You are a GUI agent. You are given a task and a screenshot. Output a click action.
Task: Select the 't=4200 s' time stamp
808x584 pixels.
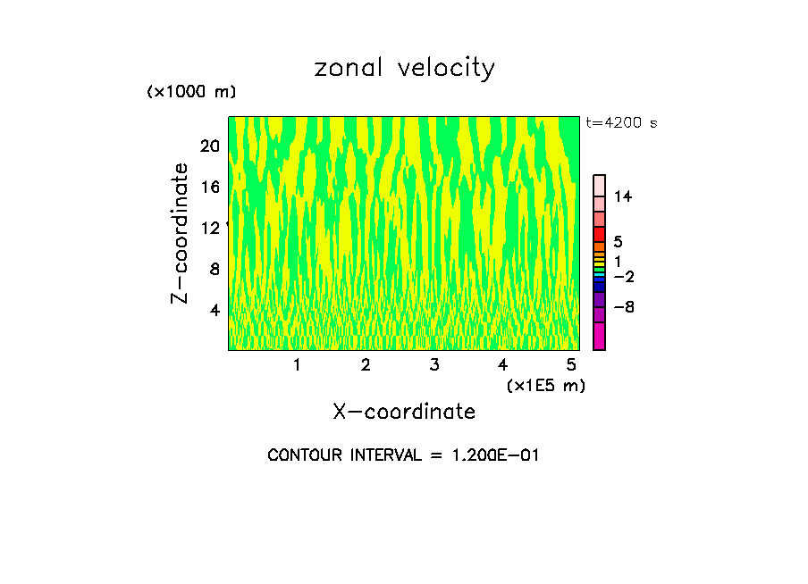click(x=621, y=122)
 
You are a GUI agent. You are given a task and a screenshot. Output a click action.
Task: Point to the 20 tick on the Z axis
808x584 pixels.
click(x=209, y=146)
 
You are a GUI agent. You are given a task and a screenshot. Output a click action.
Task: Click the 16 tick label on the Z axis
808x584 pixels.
click(x=209, y=187)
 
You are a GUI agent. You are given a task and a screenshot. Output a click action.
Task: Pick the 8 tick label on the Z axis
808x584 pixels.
click(x=215, y=269)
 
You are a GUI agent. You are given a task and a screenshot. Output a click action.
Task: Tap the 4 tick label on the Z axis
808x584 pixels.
click(x=215, y=310)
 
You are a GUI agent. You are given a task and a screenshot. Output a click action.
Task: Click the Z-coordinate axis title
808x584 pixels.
click(x=181, y=234)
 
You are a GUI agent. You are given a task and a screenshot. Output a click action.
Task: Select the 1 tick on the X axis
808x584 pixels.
click(x=297, y=364)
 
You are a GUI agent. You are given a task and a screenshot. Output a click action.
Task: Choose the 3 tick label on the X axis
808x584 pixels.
click(x=433, y=364)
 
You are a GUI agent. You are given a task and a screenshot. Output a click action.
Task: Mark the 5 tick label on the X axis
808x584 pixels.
click(x=571, y=364)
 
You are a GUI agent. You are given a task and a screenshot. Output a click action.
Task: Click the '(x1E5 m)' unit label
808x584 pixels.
click(x=545, y=385)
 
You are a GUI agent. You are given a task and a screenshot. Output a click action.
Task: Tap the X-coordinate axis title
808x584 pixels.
click(x=404, y=412)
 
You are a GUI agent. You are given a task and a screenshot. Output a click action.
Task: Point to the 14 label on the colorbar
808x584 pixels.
click(x=623, y=196)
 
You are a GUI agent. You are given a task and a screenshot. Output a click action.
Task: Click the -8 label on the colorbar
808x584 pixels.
click(x=623, y=307)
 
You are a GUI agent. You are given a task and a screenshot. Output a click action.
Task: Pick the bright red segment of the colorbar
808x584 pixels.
click(x=600, y=234)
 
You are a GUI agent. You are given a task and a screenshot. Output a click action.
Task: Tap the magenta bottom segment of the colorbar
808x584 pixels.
click(x=600, y=337)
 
